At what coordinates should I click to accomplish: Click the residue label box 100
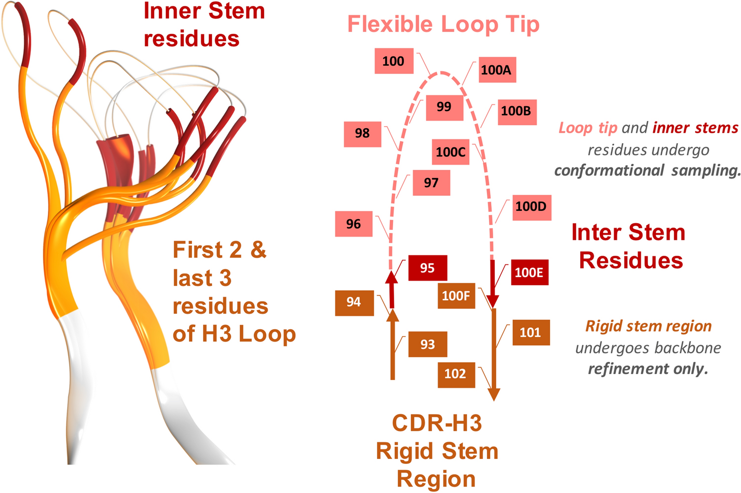[x=394, y=61]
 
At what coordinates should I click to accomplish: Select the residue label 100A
[x=496, y=70]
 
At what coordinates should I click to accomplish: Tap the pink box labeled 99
[x=444, y=107]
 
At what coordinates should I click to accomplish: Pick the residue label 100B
[x=516, y=111]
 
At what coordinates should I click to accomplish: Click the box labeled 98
[x=362, y=133]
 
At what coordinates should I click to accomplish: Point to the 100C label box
[x=450, y=152]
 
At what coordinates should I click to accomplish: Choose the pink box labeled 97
[x=431, y=183]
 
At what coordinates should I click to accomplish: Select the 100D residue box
[x=531, y=206]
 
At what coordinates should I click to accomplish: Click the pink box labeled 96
[x=353, y=224]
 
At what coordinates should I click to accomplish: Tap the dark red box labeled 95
[x=427, y=268]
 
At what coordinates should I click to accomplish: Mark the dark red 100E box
[x=529, y=273]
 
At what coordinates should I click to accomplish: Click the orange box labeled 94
[x=354, y=302]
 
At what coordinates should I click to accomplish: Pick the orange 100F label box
[x=456, y=296]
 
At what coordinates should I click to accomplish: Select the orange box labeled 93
[x=427, y=344]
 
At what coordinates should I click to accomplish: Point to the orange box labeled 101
[x=530, y=333]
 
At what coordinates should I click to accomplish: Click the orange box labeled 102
[x=455, y=374]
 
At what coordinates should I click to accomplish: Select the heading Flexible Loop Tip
[x=443, y=24]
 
